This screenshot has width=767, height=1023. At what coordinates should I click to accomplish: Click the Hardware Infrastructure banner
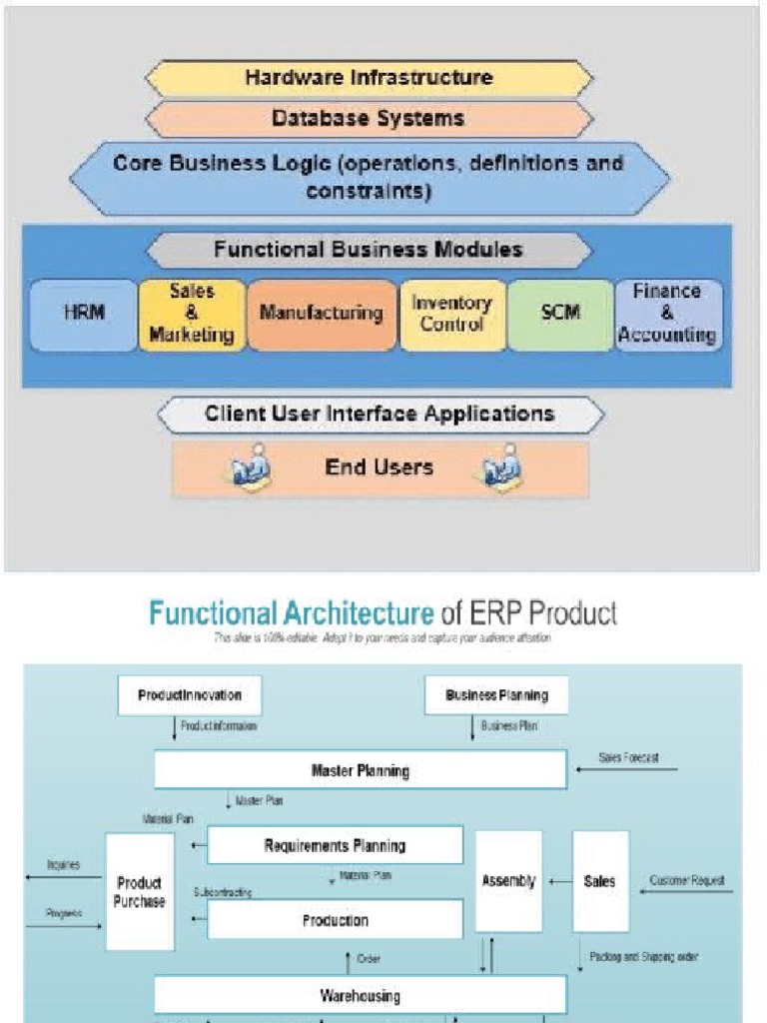pyautogui.click(x=369, y=77)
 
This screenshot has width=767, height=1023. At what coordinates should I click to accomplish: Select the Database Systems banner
pyautogui.click(x=369, y=119)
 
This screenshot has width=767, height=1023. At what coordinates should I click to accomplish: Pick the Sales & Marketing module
pyautogui.click(x=192, y=314)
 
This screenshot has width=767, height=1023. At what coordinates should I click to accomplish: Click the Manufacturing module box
pyautogui.click(x=321, y=314)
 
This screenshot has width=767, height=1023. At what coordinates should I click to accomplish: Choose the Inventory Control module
pyautogui.click(x=451, y=314)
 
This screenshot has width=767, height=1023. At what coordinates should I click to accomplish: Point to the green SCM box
pyautogui.click(x=559, y=314)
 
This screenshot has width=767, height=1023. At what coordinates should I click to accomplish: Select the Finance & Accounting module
pyautogui.click(x=667, y=314)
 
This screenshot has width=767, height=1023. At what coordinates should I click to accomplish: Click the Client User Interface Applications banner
pyautogui.click(x=380, y=414)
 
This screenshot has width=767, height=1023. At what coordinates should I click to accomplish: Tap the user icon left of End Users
pyautogui.click(x=251, y=469)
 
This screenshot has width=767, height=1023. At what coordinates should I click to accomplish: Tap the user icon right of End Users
pyautogui.click(x=502, y=469)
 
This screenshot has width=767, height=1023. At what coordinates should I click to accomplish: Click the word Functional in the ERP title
pyautogui.click(x=211, y=612)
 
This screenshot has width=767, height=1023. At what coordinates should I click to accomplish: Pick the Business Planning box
pyautogui.click(x=496, y=695)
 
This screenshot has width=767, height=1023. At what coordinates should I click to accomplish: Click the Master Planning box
pyautogui.click(x=361, y=770)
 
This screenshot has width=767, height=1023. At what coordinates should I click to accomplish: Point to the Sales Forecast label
pyautogui.click(x=628, y=758)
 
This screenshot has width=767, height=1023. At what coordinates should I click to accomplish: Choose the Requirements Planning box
pyautogui.click(x=335, y=845)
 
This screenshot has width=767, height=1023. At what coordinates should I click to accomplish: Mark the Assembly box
pyautogui.click(x=508, y=881)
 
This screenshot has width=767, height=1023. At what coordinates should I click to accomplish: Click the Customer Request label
pyautogui.click(x=687, y=881)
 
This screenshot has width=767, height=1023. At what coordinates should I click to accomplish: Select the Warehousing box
pyautogui.click(x=361, y=995)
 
